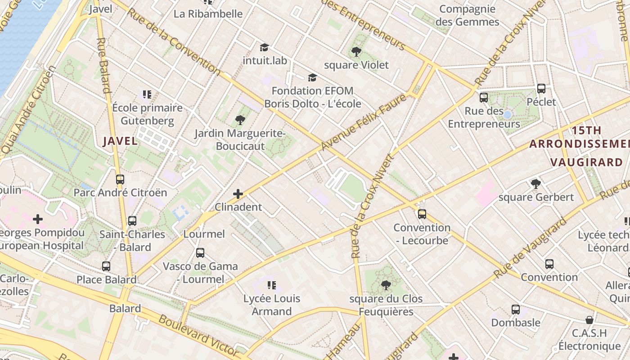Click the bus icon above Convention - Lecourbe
click(422, 214)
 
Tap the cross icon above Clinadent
click(238, 194)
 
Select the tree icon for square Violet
click(356, 52)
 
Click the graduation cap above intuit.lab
click(264, 47)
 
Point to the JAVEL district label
click(120, 141)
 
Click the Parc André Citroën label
click(120, 193)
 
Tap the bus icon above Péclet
click(541, 89)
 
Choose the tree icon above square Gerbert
click(535, 184)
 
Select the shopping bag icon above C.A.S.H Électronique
click(589, 320)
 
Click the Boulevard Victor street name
click(198, 335)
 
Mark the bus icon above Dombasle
click(516, 310)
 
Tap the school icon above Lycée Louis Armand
click(271, 285)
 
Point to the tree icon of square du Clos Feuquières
click(386, 285)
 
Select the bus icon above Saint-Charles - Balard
click(132, 221)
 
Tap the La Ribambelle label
click(208, 14)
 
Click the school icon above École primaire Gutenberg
click(147, 94)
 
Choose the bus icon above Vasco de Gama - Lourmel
click(200, 253)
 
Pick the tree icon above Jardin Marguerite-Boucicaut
click(240, 120)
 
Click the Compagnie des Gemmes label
click(468, 15)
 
